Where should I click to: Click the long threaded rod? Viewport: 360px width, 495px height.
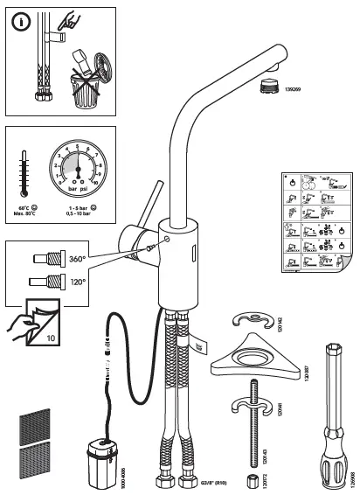255,437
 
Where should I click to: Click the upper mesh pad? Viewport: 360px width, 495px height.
37,425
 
